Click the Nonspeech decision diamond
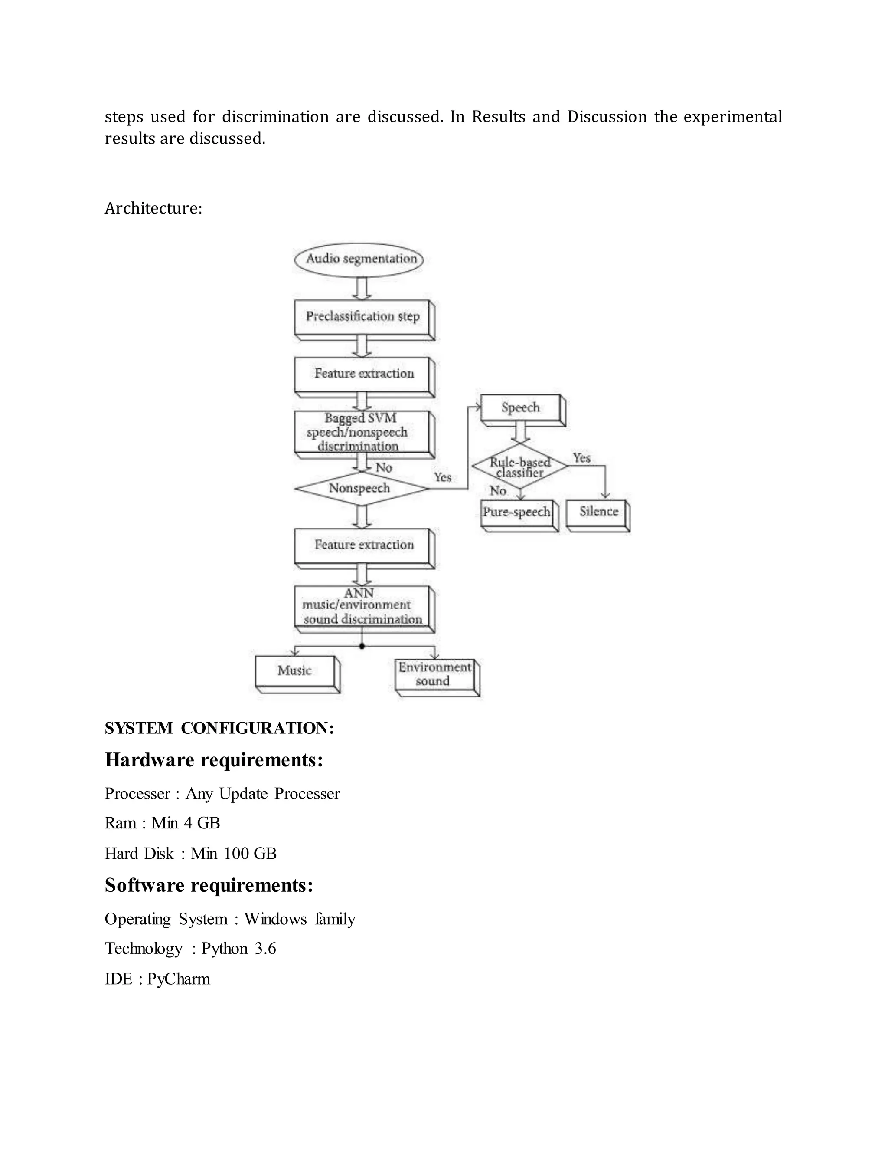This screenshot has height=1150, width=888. tap(361, 489)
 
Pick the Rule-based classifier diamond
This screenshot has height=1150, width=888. tap(520, 467)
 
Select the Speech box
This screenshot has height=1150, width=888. tap(521, 407)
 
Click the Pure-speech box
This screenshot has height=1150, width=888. tap(517, 513)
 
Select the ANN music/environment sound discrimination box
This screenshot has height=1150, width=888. tap(362, 607)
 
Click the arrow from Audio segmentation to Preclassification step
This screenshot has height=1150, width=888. tap(362, 288)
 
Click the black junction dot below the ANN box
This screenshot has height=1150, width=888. tap(362, 646)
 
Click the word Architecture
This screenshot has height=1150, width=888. tap(153, 208)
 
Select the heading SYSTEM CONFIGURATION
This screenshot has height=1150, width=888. tap(219, 728)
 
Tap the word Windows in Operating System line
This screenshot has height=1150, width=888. tap(275, 920)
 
